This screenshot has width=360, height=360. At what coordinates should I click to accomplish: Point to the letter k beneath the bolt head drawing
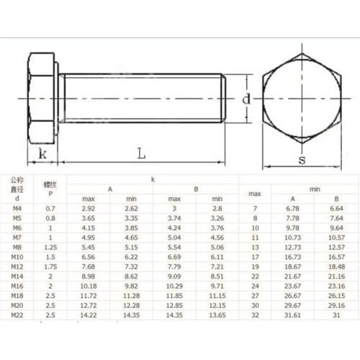click(42, 153)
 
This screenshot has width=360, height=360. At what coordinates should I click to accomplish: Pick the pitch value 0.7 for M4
click(50, 208)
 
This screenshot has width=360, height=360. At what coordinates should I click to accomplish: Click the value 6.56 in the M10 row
click(89, 256)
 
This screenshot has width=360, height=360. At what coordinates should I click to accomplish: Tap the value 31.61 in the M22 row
click(292, 314)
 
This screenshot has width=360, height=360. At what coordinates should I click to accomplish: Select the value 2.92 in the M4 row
click(89, 208)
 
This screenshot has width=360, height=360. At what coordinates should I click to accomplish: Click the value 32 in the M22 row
click(254, 314)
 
